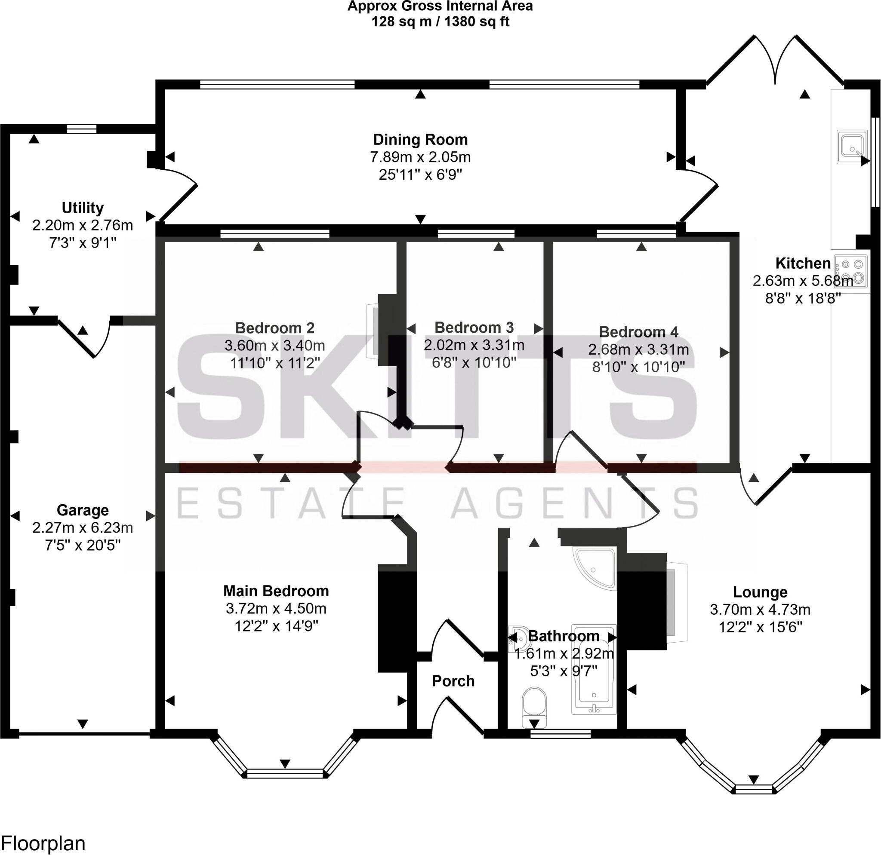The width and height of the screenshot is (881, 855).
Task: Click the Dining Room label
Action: click(x=420, y=140)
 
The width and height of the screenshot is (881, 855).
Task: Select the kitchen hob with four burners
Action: click(x=851, y=271)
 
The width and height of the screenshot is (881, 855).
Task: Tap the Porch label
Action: click(x=453, y=681)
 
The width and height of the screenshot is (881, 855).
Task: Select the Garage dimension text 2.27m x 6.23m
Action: click(x=82, y=527)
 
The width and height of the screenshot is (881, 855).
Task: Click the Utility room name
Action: click(x=82, y=208)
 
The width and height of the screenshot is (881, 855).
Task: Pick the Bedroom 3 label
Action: click(x=474, y=328)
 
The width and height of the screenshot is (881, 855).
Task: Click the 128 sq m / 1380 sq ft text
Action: click(x=440, y=21)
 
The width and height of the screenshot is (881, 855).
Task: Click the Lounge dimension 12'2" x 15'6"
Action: click(x=760, y=627)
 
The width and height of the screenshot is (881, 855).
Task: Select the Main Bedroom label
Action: click(x=276, y=591)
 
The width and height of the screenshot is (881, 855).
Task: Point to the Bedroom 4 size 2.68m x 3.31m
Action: click(x=638, y=349)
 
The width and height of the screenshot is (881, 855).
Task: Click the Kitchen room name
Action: click(x=803, y=263)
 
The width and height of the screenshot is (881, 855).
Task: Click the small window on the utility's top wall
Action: click(x=81, y=129)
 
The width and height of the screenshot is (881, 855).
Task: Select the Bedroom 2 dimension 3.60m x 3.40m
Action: click(x=274, y=345)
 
